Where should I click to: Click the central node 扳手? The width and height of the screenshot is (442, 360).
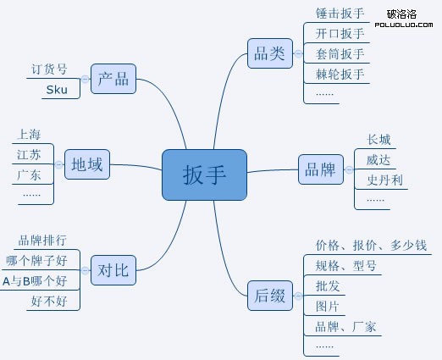204,174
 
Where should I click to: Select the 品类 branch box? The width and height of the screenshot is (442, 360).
269,53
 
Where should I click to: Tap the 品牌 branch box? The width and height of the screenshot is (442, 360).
318,168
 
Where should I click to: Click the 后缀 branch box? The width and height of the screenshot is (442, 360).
269,296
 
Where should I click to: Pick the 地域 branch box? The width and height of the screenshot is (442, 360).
87,164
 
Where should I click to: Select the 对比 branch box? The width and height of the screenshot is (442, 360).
113,271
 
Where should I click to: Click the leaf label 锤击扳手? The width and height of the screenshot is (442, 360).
340,14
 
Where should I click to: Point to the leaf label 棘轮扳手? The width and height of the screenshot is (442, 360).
340,74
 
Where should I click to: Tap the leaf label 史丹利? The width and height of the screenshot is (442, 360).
384,180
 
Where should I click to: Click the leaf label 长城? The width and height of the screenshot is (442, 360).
378,140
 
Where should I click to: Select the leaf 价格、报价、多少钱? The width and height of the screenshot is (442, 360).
371,246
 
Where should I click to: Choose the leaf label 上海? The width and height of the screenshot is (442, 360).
28,134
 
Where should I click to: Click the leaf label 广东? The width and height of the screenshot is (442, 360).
28,174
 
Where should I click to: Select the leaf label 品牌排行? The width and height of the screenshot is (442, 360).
42,240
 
